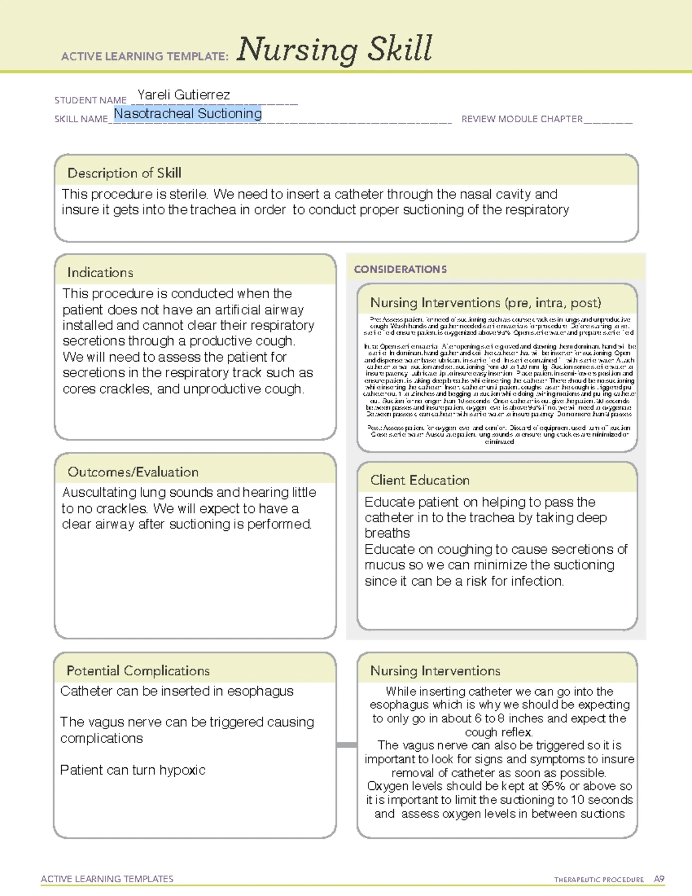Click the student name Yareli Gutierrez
pyautogui.click(x=183, y=95)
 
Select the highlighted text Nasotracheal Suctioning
pyautogui.click(x=187, y=114)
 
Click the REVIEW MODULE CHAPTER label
pyautogui.click(x=522, y=119)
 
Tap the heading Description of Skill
pyautogui.click(x=124, y=173)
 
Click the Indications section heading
pyautogui.click(x=100, y=272)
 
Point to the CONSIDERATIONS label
pyautogui.click(x=400, y=269)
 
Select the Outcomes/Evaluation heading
pyautogui.click(x=133, y=472)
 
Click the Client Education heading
pyautogui.click(x=419, y=480)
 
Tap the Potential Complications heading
pyautogui.click(x=138, y=670)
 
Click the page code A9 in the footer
pyautogui.click(x=659, y=879)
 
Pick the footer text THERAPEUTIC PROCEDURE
pyautogui.click(x=599, y=880)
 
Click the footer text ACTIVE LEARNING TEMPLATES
pyautogui.click(x=107, y=879)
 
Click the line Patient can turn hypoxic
pyautogui.click(x=133, y=770)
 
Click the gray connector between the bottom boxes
pyautogui.click(x=347, y=745)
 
